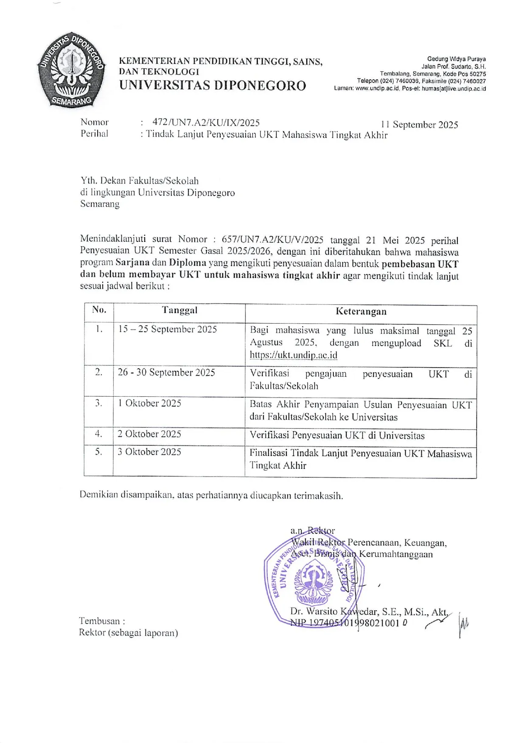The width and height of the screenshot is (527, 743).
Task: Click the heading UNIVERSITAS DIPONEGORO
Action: pyautogui.click(x=213, y=86)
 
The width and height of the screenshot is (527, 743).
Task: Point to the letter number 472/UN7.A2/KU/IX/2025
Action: pyautogui.click(x=206, y=123)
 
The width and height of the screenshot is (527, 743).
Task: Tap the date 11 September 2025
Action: pyautogui.click(x=419, y=124)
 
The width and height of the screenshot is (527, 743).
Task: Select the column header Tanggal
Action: pyautogui.click(x=179, y=310)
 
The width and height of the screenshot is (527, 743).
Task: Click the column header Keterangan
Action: pyautogui.click(x=361, y=311)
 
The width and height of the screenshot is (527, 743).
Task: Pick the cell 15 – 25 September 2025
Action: pyautogui.click(x=168, y=329)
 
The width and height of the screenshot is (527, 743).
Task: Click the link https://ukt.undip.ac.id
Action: pyautogui.click(x=294, y=355)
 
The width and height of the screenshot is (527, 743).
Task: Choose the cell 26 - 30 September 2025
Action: pyautogui.click(x=167, y=373)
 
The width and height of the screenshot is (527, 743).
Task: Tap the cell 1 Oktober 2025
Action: pyautogui.click(x=150, y=403)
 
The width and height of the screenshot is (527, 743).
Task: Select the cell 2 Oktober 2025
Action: pyautogui.click(x=149, y=434)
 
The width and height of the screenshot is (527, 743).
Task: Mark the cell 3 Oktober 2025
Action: pyautogui.click(x=149, y=452)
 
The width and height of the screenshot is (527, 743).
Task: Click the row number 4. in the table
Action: pyautogui.click(x=98, y=434)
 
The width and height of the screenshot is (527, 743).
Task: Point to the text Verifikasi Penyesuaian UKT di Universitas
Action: pyautogui.click(x=337, y=435)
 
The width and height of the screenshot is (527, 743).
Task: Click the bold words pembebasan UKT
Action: pyautogui.click(x=420, y=264)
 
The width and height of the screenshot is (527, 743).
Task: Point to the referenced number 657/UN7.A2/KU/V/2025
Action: pyautogui.click(x=273, y=240)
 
